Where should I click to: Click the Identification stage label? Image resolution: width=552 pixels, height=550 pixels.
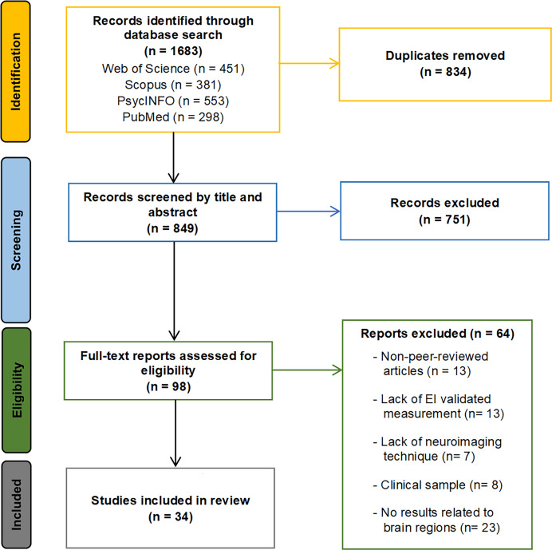[x=16, y=72]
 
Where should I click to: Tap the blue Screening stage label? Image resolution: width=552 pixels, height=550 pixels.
[x=16, y=240]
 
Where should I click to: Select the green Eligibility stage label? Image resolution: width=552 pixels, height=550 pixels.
[x=17, y=390]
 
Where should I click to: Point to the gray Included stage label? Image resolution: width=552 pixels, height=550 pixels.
[x=17, y=504]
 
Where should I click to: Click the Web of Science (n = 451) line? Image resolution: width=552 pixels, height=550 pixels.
[x=173, y=69]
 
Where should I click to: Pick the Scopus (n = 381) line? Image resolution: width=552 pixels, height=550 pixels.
[x=173, y=85]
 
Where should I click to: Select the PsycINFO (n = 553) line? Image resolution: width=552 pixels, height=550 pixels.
[x=173, y=101]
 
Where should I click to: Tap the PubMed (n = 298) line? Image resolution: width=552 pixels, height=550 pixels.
[x=173, y=117]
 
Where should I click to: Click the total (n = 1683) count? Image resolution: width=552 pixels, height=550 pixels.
[x=173, y=51]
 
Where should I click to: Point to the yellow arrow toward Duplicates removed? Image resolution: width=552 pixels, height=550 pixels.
[x=309, y=63]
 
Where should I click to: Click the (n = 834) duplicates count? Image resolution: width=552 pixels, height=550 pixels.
[x=445, y=72]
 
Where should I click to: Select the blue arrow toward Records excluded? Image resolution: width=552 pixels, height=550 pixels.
[x=309, y=212]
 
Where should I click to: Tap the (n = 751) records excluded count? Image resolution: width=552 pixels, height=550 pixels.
[x=444, y=220]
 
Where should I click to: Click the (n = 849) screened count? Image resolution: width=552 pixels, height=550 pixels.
[x=172, y=228]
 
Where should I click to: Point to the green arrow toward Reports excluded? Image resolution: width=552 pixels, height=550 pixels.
[x=307, y=370]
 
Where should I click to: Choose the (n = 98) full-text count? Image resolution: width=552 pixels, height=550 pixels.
[x=168, y=386]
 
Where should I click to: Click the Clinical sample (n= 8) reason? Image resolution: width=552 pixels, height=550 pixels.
[x=438, y=485]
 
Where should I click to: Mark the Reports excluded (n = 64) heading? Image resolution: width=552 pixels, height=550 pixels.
[x=438, y=334]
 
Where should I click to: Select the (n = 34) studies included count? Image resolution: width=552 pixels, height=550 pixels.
[x=171, y=516]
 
